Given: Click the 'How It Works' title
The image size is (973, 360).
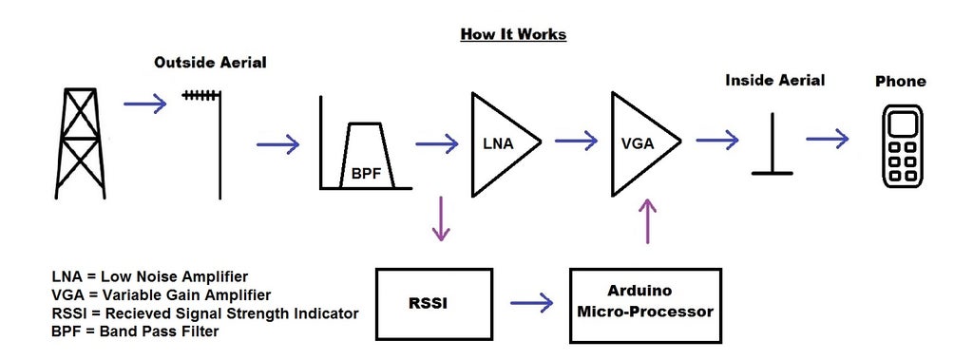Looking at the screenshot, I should tap(513, 34).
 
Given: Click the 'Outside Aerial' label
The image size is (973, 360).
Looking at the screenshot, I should tap(210, 63).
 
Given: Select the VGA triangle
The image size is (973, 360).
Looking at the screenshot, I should tap(641, 142).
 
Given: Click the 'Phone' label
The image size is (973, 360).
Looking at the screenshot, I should tap(900, 82).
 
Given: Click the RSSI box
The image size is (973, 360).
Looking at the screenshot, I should tap(434, 305).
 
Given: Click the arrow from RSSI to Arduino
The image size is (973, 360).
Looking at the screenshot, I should tap(531, 304).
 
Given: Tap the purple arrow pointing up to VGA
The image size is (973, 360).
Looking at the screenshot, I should tap(648, 220).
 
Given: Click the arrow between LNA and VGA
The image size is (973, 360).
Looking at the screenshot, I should tap(576, 142).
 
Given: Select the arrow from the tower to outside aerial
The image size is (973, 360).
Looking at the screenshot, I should tap(144, 104).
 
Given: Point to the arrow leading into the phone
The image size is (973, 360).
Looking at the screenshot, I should tap(828, 139).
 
